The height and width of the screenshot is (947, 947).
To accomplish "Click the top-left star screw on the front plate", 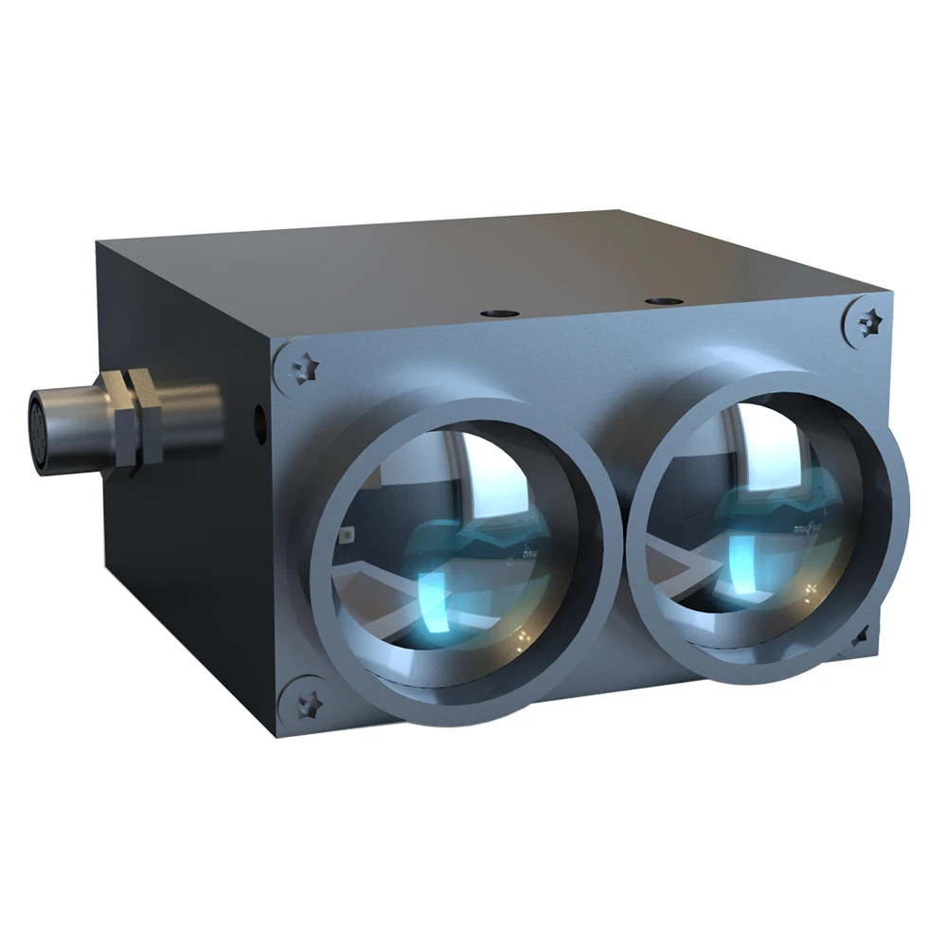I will coord(305,367).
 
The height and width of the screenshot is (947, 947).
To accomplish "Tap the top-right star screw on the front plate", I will coord(866,322).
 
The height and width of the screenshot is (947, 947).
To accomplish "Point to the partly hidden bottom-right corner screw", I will coord(860,636).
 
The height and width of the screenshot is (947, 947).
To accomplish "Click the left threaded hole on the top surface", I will coord(493,312).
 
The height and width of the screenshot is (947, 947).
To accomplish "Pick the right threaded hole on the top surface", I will coord(659,302).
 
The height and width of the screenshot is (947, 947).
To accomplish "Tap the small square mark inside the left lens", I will coord(348,536).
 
